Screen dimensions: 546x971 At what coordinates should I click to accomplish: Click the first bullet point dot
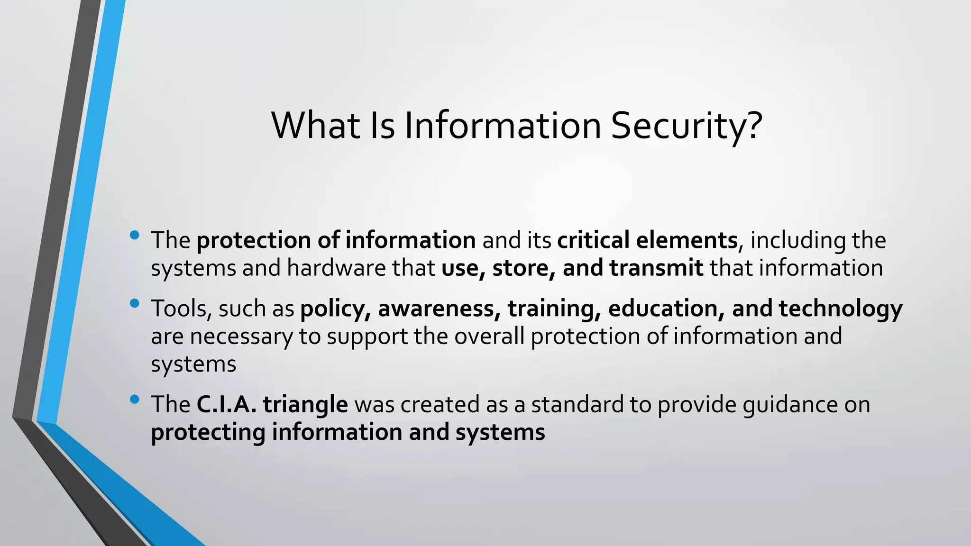(134, 235)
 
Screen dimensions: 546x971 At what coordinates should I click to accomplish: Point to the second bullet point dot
(134, 303)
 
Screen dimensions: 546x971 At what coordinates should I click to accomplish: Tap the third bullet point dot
(134, 399)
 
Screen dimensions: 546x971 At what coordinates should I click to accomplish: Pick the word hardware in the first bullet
(337, 268)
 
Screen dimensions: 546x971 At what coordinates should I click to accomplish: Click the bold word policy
(335, 309)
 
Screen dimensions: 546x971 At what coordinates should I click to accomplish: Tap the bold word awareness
(439, 309)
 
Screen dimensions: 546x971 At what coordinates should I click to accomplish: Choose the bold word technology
(840, 309)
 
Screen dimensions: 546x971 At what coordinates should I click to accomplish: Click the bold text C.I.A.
(226, 405)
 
